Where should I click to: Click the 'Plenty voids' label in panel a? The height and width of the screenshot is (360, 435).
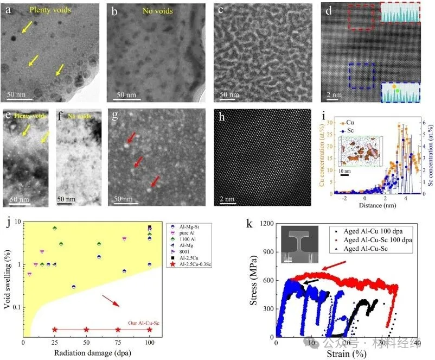(x=50, y=9)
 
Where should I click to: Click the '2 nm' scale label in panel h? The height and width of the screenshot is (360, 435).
(x=227, y=199)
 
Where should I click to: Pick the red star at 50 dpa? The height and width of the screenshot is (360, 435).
(x=86, y=330)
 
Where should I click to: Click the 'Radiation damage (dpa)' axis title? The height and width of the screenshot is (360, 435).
(x=91, y=353)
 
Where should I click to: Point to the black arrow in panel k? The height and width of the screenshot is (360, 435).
(x=310, y=280)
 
